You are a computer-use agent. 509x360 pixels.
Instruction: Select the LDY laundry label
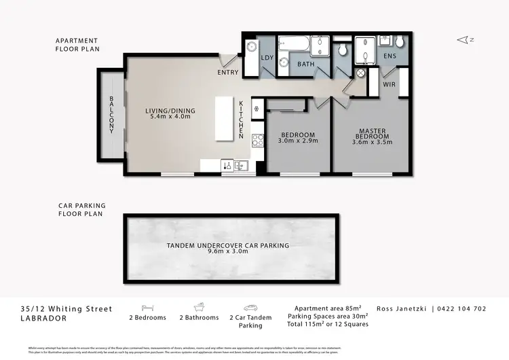click(267, 58)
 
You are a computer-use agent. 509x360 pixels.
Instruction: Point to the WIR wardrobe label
click(390, 85)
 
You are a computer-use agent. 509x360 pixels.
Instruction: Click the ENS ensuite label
click(390, 56)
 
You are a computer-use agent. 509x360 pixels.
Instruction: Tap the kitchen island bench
click(224, 118)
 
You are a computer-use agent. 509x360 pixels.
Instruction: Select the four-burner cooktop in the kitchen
click(258, 141)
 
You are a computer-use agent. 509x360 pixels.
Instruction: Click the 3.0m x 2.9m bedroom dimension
click(298, 142)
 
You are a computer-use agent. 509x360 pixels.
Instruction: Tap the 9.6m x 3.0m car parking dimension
click(227, 251)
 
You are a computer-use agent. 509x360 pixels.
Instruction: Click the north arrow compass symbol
click(464, 41)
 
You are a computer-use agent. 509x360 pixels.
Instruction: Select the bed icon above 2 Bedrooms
click(147, 306)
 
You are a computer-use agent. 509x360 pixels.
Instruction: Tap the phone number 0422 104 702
click(461, 308)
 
